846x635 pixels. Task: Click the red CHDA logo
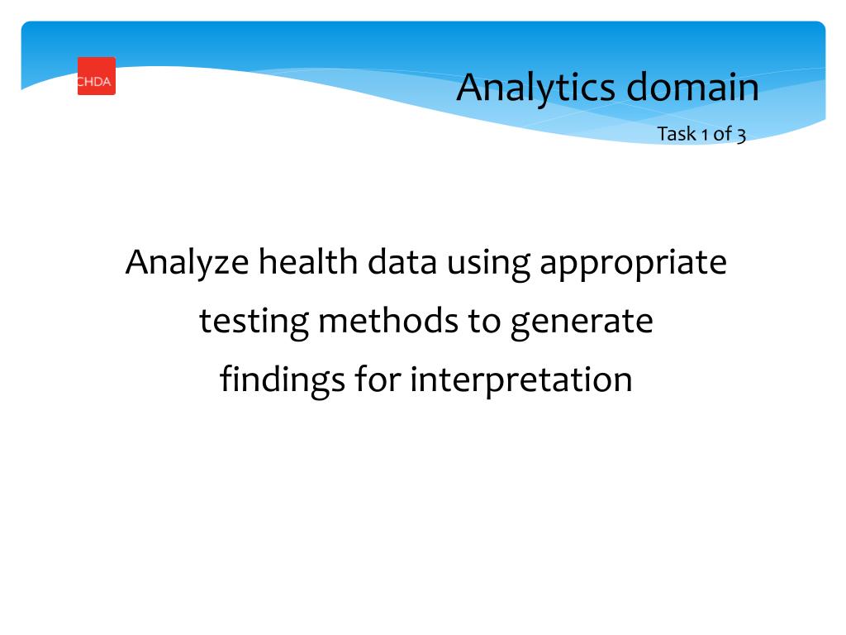97,76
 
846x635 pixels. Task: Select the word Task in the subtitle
676,134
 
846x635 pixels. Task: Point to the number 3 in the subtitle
741,135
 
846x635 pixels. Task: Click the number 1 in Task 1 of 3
704,134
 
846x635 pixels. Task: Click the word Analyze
187,263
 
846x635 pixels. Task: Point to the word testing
254,322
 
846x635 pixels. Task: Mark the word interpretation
521,380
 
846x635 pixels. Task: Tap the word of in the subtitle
722,134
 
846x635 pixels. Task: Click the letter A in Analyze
136,263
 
